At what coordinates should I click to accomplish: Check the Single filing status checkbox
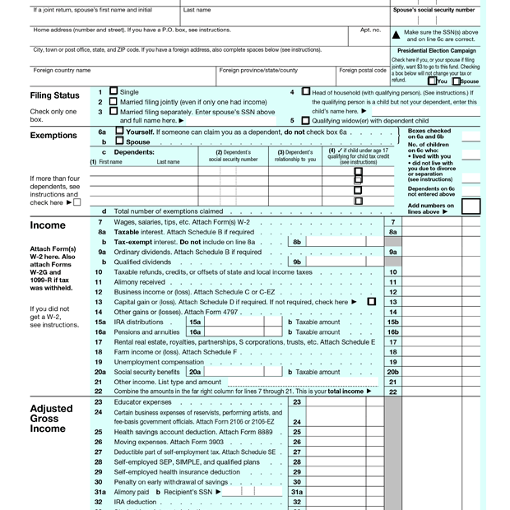click(114, 92)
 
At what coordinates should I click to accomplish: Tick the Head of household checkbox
click(306, 92)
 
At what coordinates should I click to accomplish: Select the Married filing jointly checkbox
click(114, 102)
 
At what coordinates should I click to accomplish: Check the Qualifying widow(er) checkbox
click(306, 121)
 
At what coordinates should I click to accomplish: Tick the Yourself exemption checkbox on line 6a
click(120, 132)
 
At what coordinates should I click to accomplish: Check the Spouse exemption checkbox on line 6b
click(120, 141)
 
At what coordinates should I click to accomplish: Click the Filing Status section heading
click(54, 96)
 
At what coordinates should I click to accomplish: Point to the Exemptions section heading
click(54, 136)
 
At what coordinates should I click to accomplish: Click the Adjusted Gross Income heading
click(51, 418)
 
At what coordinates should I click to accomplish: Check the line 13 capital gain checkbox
click(372, 302)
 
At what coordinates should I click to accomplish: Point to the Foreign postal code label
click(363, 71)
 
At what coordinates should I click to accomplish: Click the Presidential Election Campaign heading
click(434, 51)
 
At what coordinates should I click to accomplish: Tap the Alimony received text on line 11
click(139, 282)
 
